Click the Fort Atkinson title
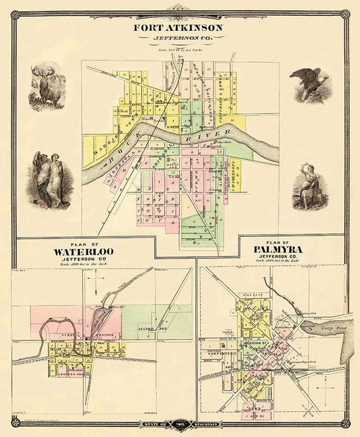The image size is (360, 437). [x=178, y=28]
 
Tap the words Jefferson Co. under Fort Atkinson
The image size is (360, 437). [x=178, y=40]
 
